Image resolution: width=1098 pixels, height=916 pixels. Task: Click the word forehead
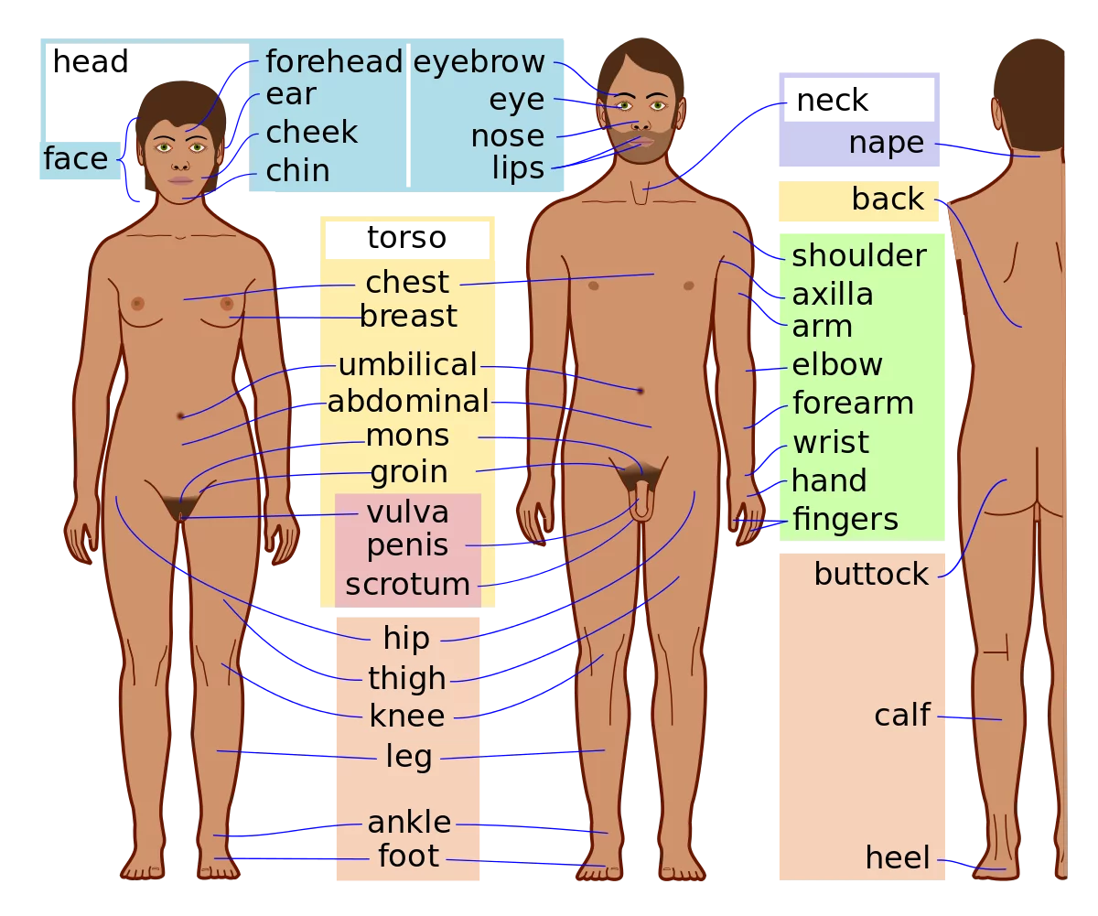(334, 62)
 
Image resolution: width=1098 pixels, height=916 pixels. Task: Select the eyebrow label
(479, 62)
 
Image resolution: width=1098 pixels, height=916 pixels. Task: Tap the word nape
(886, 143)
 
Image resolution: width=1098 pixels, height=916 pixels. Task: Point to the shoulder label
(858, 256)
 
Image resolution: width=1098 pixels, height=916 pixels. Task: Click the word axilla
(832, 295)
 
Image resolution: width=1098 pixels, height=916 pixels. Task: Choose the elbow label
(836, 365)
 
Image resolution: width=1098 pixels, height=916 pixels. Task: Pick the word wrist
(830, 443)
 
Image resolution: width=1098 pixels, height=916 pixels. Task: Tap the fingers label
(845, 520)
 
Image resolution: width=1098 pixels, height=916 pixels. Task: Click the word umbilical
(407, 365)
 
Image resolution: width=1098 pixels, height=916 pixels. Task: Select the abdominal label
(408, 402)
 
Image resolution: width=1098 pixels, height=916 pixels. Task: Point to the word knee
(407, 716)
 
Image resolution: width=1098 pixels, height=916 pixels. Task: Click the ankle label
(409, 822)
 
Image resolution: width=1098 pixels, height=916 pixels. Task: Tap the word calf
(901, 716)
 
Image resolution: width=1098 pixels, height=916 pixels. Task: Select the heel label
(897, 858)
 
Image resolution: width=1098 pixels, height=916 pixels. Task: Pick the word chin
(297, 171)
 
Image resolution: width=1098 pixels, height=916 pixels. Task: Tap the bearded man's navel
(640, 391)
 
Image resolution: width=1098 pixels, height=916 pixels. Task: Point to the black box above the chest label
(405, 242)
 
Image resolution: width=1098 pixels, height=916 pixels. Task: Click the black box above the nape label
(859, 99)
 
